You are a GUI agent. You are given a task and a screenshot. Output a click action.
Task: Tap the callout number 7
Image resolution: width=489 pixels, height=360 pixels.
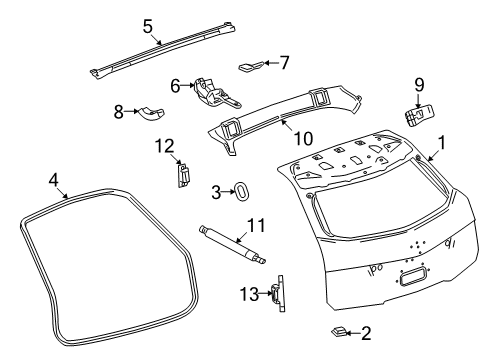click(x=285, y=63)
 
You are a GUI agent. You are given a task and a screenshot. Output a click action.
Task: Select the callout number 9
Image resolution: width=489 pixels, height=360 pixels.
click(x=419, y=84)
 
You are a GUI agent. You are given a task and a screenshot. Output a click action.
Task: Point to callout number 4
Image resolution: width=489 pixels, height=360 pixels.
click(x=54, y=180)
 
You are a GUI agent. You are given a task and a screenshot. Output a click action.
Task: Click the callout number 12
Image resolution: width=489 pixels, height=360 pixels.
click(x=165, y=147)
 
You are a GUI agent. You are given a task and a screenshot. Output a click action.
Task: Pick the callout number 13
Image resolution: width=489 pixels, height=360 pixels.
click(x=249, y=293)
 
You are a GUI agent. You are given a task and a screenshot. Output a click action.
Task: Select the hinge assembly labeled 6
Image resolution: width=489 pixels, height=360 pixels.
click(x=214, y=91)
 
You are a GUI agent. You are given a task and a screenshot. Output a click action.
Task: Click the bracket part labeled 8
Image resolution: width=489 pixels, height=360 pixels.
click(x=151, y=111)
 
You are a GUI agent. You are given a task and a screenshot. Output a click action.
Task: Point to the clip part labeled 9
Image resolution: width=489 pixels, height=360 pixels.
click(x=416, y=114)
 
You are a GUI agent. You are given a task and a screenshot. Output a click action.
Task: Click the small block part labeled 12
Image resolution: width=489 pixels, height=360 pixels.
click(x=182, y=175)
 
